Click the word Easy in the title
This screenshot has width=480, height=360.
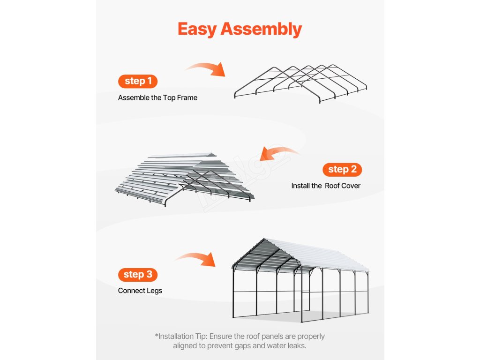[x=197, y=29]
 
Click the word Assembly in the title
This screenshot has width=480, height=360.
[x=261, y=29]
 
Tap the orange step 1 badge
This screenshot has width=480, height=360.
[x=138, y=81]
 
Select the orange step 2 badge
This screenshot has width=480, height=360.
[x=342, y=169]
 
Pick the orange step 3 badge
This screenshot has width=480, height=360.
[x=138, y=274]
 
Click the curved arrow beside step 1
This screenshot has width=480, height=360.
[x=206, y=69]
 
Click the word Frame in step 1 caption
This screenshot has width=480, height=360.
[x=187, y=98]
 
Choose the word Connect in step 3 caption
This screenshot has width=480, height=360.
[x=131, y=291]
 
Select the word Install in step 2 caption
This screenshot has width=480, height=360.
[x=300, y=186]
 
